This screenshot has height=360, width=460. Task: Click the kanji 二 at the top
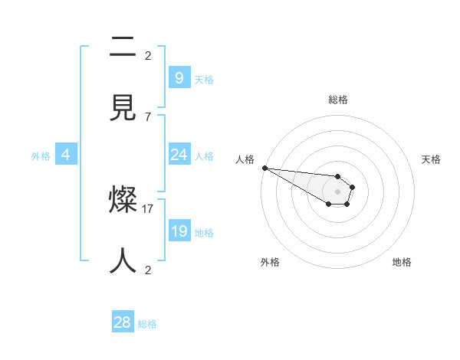pos(123,47)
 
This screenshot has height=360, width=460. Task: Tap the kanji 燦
pos(123,201)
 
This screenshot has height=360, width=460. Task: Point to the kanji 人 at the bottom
pos(123,260)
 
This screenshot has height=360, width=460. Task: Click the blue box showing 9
pos(179,77)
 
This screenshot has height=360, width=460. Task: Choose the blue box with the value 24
pos(179,155)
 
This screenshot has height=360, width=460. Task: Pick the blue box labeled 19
pos(179,231)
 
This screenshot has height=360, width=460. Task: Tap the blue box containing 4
pos(66,155)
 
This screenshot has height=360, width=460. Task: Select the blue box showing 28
pos(123,322)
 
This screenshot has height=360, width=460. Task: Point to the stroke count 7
pos(147,116)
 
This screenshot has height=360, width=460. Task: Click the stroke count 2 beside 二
pos(147,55)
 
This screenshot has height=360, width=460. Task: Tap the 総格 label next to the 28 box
pos(147,324)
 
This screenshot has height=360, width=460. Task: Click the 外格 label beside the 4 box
pos(41,156)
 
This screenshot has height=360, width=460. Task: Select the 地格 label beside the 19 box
pos(204,233)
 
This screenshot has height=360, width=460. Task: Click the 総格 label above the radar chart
pos(338,100)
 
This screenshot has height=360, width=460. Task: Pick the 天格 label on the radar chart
pos(431,159)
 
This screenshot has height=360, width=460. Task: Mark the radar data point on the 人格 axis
pos(264,168)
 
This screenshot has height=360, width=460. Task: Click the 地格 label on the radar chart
pos(402,262)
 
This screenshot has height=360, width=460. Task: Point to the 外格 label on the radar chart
pos(270,262)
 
